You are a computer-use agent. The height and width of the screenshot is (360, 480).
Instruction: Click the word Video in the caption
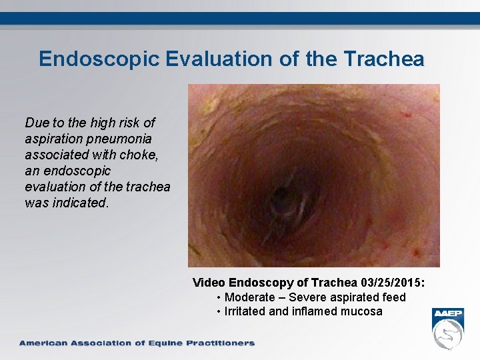[x=209, y=283]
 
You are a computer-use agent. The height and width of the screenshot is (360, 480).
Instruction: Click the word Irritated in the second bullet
[x=247, y=311]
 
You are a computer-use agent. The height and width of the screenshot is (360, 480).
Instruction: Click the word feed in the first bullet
[x=394, y=297]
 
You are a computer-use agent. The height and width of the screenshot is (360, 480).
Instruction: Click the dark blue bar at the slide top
[x=240, y=18]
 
